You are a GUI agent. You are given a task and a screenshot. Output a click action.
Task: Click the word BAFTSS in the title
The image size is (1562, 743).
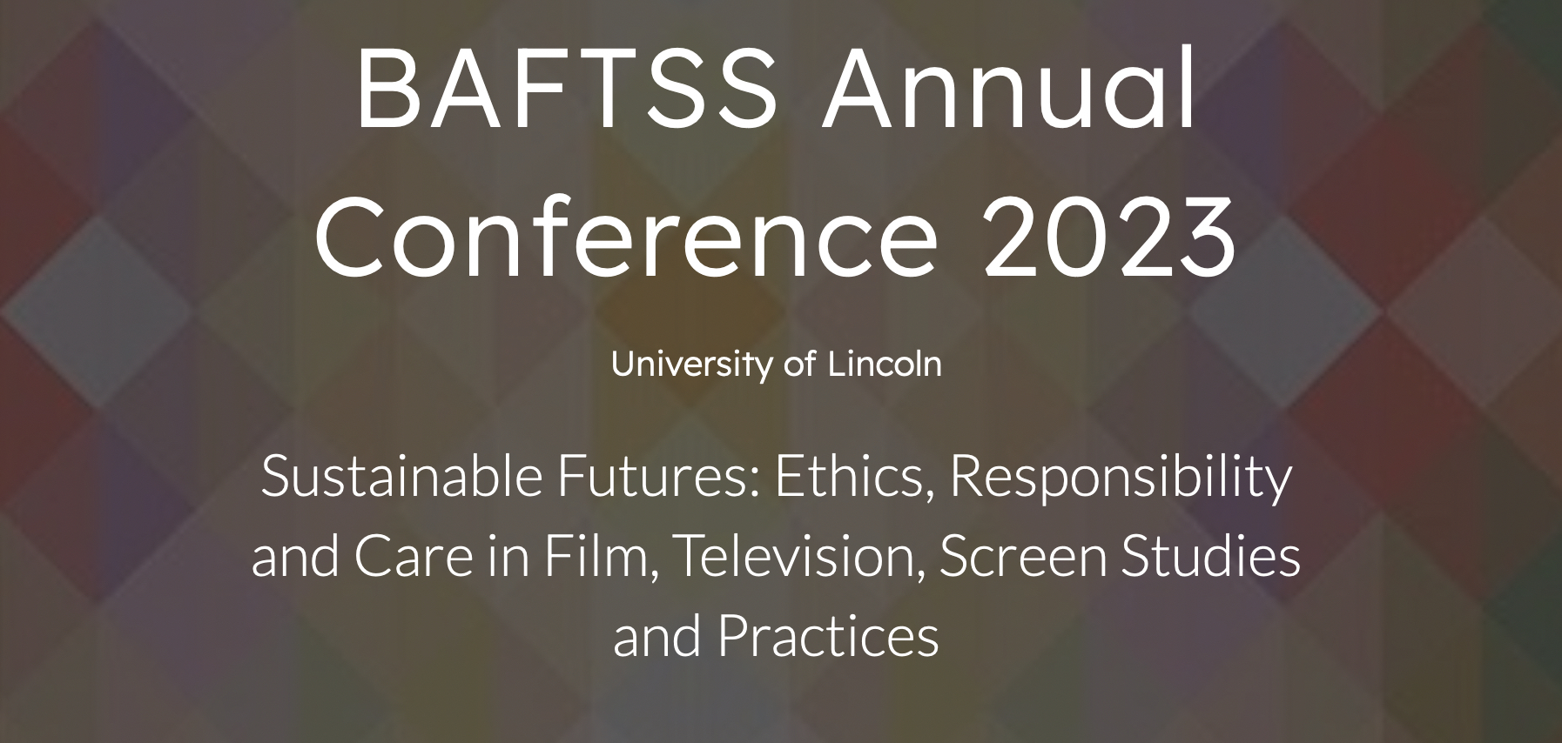coord(566,88)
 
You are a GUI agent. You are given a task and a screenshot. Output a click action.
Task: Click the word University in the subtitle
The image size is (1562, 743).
coord(692,364)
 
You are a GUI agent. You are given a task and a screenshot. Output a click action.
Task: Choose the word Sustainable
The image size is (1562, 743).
coord(401,477)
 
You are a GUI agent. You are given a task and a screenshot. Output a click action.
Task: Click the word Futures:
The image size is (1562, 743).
coord(658,477)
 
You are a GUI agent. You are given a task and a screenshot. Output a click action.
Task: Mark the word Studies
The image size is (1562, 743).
coord(1211,557)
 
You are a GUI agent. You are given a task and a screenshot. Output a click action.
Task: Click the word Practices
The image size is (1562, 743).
coord(828,637)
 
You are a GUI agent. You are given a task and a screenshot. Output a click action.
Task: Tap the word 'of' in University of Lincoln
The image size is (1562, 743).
coord(800,364)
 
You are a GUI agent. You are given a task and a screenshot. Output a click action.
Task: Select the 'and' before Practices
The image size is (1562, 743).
coord(658,637)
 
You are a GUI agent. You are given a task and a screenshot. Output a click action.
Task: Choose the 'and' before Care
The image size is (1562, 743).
coord(295,558)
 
